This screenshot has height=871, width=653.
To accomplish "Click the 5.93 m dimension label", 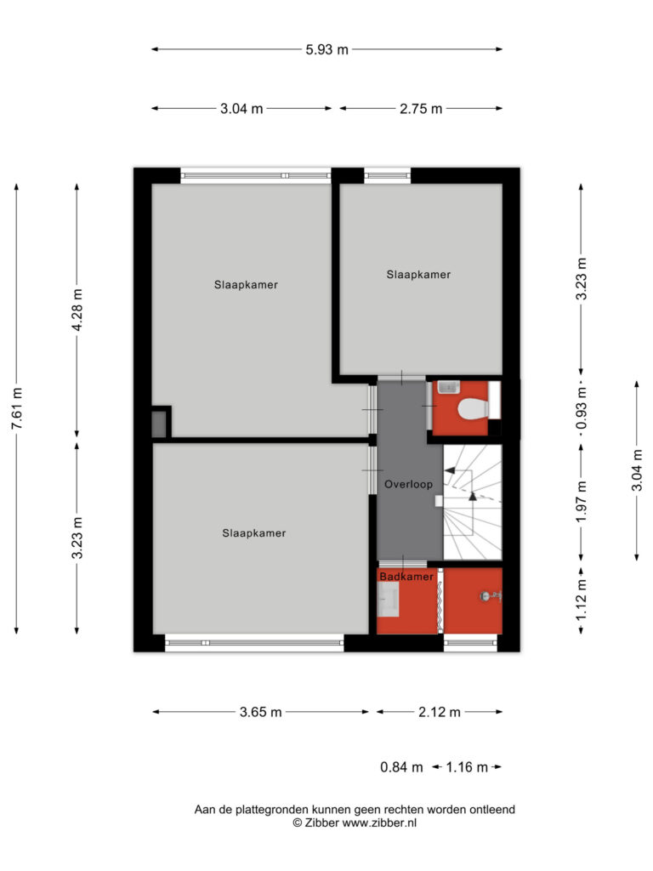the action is (x=327, y=49).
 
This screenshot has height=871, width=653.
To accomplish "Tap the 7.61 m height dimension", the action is (x=17, y=408).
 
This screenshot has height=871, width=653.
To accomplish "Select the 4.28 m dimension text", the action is (x=77, y=310).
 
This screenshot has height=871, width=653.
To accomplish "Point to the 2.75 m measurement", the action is (x=421, y=108).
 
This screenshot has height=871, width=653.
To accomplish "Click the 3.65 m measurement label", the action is (x=260, y=712).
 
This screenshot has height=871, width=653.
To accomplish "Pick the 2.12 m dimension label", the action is (x=440, y=712).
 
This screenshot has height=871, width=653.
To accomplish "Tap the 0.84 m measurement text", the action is (x=401, y=767).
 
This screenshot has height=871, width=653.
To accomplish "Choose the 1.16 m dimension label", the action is (x=467, y=767).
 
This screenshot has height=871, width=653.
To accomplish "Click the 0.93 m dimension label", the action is (x=581, y=408).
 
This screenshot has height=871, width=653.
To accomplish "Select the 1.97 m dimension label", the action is (x=581, y=502).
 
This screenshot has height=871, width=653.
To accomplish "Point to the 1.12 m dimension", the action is (x=581, y=600).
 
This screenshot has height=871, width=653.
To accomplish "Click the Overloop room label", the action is (x=409, y=484).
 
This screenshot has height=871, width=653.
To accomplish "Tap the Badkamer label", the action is (x=406, y=577).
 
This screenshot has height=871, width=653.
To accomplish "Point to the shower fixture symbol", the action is (x=491, y=596).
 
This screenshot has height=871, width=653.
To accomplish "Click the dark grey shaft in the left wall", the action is (x=159, y=424).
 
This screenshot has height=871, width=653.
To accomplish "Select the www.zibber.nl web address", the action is (x=379, y=823).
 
